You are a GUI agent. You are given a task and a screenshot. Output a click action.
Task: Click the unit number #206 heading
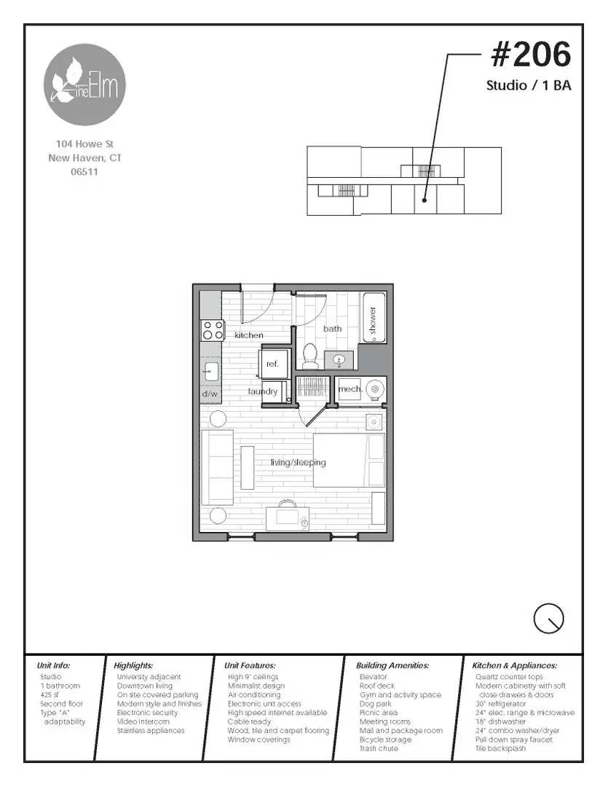tap(531, 55)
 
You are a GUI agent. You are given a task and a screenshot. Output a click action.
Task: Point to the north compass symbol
tap(548, 619)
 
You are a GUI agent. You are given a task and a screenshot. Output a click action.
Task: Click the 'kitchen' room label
tap(249, 335)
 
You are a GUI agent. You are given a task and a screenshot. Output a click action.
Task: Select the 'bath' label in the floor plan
tap(333, 329)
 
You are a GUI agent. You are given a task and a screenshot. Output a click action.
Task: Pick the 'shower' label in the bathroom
tap(372, 320)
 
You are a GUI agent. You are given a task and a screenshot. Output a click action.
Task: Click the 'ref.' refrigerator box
tap(273, 364)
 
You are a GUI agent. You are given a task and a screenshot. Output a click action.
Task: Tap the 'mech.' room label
tap(350, 390)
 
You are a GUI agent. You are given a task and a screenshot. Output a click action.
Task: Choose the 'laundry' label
tap(263, 392)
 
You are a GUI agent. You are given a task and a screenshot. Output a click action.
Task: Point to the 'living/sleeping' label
tap(298, 463)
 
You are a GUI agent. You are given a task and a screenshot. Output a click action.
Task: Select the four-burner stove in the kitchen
tap(213, 330)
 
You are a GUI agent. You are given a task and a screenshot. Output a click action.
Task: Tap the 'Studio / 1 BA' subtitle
tap(529, 86)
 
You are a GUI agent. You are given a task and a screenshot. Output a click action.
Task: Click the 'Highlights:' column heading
tap(133, 665)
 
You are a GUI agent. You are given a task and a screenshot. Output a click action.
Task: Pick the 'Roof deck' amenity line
tap(377, 686)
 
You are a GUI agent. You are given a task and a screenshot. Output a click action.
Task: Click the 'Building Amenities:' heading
tap(392, 665)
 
